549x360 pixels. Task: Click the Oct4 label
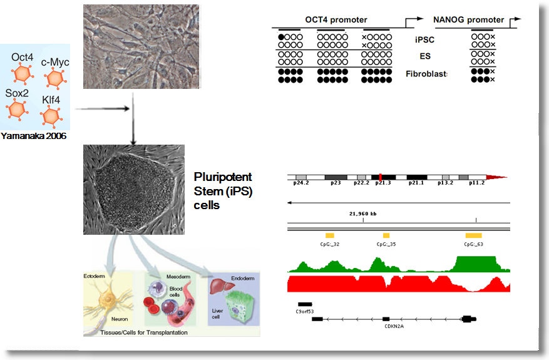(22, 58)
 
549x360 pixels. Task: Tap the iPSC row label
(424, 39)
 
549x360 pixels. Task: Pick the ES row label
(425, 56)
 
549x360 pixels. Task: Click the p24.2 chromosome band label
(301, 184)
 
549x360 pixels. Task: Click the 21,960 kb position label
(363, 213)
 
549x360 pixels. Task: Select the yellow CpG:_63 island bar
(473, 235)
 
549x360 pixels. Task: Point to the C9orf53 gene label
(304, 311)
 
